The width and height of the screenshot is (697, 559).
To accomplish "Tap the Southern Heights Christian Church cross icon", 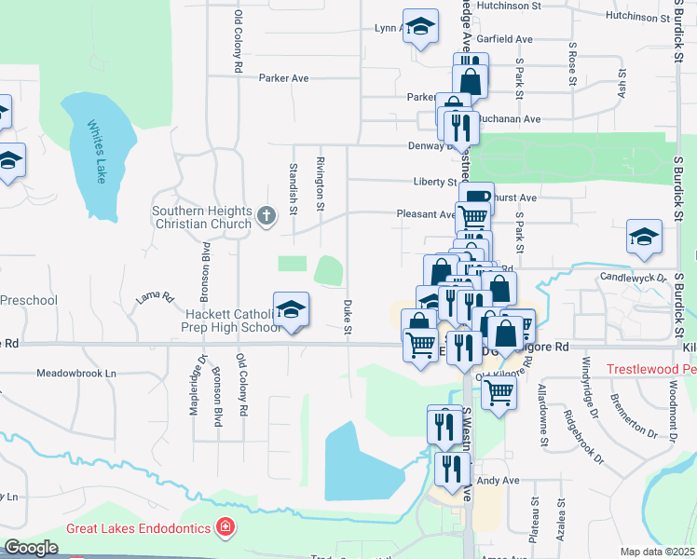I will (x=266, y=217).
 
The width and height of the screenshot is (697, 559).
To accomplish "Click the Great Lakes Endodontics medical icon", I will (x=224, y=528).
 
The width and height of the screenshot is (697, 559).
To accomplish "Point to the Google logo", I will (x=31, y=547).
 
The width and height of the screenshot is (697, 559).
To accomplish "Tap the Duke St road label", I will (x=348, y=317).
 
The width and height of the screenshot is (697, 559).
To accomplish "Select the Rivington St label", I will (x=321, y=176).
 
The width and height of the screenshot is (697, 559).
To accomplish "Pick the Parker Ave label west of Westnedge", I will (x=283, y=78).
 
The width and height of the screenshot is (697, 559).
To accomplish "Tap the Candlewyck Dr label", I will (x=634, y=278).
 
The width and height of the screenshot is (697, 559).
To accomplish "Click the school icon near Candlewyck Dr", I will (x=644, y=238).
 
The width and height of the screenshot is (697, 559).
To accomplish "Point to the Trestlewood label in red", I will (x=651, y=369).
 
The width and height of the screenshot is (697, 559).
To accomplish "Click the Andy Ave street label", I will (x=497, y=481).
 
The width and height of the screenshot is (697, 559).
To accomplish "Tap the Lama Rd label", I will (x=156, y=298).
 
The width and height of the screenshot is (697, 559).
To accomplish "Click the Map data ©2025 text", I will (x=657, y=552).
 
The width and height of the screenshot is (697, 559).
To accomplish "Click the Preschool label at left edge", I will (x=29, y=300).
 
